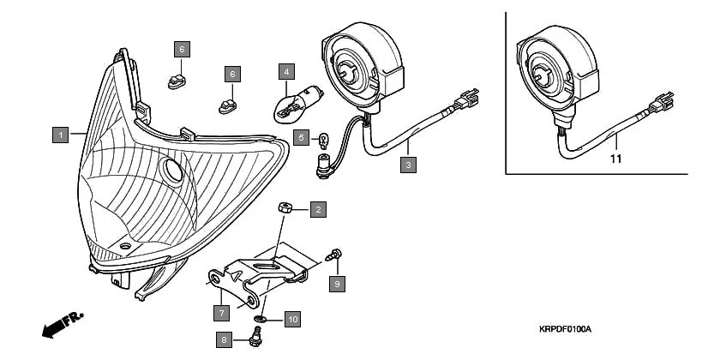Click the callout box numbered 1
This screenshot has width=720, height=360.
click(x=59, y=135)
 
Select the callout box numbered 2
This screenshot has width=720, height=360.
click(x=317, y=208)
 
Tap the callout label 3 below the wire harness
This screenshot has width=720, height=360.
click(x=409, y=165)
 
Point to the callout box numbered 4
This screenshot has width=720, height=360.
click(x=286, y=71)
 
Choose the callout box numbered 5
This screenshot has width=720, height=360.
click(x=300, y=136)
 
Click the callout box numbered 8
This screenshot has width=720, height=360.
click(x=225, y=340)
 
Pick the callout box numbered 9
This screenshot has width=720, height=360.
click(x=337, y=284)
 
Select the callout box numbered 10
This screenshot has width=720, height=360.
click(x=291, y=320)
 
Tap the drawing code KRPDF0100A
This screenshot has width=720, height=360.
click(x=565, y=329)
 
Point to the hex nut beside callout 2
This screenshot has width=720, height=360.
click(x=286, y=208)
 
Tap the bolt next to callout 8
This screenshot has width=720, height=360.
click(x=254, y=339)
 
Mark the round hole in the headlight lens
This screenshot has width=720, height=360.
click(x=172, y=171)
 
